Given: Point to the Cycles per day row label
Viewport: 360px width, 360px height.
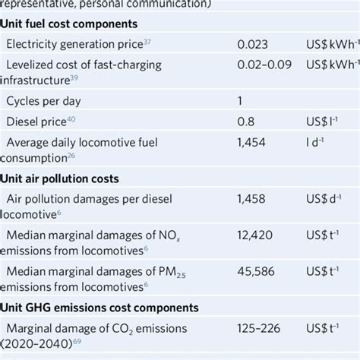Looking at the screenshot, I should [43, 100].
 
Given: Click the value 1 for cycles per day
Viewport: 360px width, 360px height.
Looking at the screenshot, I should [240, 100].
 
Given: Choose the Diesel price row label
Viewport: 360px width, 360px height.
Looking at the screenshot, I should [36, 121].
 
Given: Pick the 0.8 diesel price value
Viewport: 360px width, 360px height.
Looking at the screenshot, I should [245, 121].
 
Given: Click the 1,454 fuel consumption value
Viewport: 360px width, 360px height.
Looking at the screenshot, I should [251, 141].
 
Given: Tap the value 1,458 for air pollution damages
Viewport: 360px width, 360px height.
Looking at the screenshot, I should [251, 199].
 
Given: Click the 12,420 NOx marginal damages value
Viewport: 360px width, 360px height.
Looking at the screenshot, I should [255, 238].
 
